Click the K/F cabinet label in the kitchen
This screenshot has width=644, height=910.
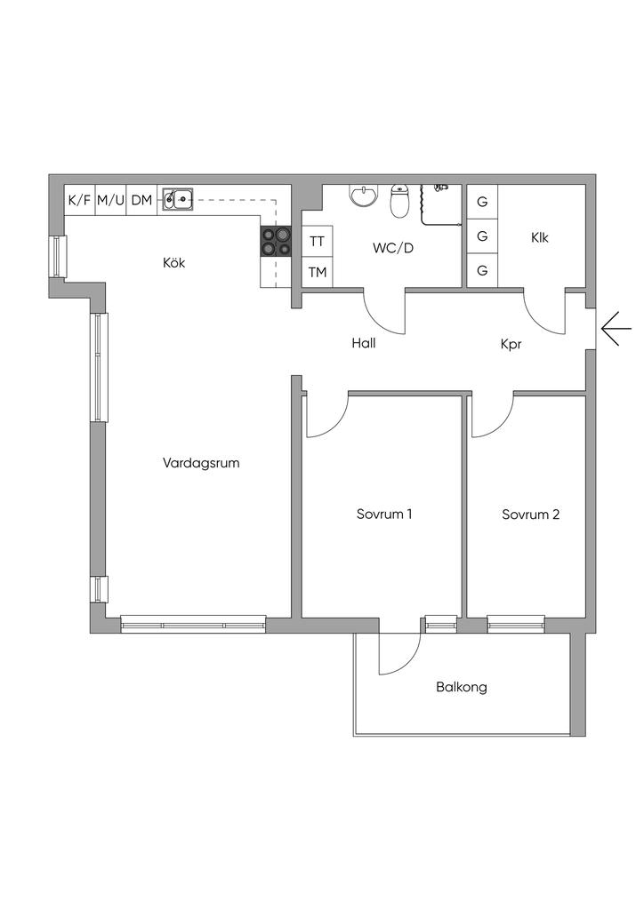click(x=79, y=200)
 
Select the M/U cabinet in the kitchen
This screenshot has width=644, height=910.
click(x=110, y=200)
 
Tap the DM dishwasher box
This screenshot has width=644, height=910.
click(x=141, y=200)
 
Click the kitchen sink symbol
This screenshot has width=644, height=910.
click(x=178, y=200)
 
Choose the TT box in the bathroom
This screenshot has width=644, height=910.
click(x=317, y=241)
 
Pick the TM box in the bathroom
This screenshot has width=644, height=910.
click(x=317, y=272)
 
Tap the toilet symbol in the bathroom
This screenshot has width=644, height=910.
click(x=400, y=200)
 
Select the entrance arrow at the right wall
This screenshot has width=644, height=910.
click(x=616, y=329)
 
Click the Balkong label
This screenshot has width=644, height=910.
click(x=462, y=687)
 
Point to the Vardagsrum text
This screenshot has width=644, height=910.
click(x=202, y=463)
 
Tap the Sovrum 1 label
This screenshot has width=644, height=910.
click(x=384, y=514)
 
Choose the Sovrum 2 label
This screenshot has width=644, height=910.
click(x=530, y=514)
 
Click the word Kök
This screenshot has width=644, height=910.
click(x=174, y=263)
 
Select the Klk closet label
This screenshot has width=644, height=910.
click(x=540, y=237)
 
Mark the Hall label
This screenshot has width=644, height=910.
click(x=363, y=342)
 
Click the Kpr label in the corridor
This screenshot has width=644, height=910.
click(x=511, y=342)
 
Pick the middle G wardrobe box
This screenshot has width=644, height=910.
click(x=482, y=236)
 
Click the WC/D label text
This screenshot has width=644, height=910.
click(x=393, y=248)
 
